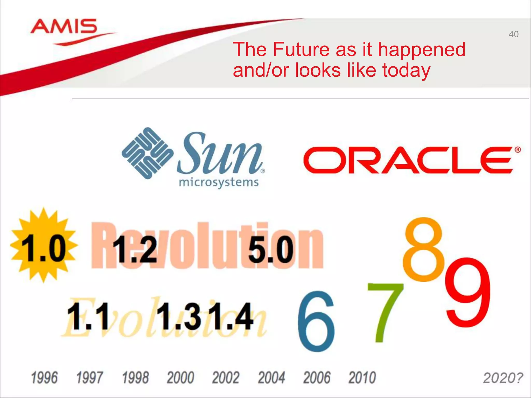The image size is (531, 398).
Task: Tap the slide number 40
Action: point(513,34)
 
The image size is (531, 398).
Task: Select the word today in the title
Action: point(406,70)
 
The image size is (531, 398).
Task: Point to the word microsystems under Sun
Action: point(219,182)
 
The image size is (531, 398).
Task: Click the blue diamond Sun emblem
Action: point(147,153)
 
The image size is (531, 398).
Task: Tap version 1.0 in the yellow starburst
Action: point(44,248)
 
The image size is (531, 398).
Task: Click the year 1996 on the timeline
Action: point(44,378)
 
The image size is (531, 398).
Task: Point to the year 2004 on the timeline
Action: point(271,378)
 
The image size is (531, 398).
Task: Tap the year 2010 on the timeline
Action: point(362,378)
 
